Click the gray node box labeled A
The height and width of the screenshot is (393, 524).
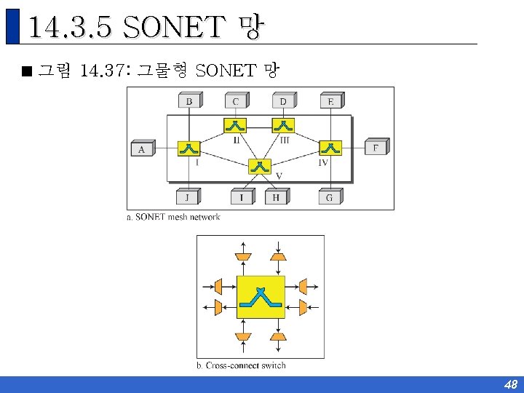click(142, 148)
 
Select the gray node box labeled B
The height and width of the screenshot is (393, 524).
click(188, 101)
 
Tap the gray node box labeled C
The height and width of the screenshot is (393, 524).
click(235, 101)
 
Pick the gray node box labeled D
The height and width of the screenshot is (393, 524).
click(283, 101)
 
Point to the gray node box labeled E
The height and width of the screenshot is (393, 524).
click(330, 101)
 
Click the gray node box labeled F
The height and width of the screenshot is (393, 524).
click(376, 148)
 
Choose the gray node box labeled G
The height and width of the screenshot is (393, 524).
click(330, 196)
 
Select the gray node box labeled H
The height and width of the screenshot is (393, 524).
click(276, 196)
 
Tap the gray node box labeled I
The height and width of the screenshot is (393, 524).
click(242, 196)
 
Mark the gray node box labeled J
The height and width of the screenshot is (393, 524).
click(188, 196)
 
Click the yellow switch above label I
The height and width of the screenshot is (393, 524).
click(188, 148)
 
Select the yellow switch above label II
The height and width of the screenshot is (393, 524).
click(235, 125)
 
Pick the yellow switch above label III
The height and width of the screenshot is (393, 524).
click(283, 125)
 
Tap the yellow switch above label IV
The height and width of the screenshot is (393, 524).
click(330, 148)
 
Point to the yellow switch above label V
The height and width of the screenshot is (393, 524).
click(259, 166)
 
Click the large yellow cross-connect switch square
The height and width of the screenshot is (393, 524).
click(261, 297)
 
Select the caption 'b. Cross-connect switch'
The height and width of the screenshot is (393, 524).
click(241, 365)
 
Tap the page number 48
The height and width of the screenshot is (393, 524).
click(510, 384)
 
